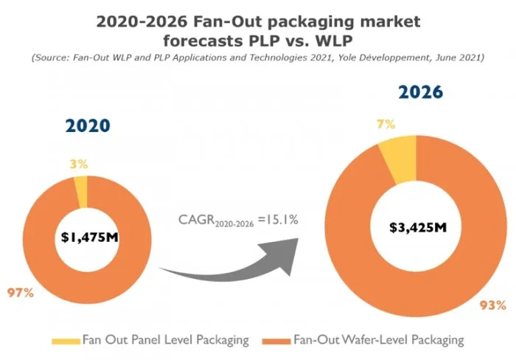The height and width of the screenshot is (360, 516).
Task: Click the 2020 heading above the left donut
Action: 87,125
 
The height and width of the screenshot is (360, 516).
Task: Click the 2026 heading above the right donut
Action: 420,92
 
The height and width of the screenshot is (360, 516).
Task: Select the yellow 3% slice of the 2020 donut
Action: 81,192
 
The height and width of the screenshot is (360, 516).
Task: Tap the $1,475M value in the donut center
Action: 87,237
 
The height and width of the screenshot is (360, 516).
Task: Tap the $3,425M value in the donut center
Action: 418,226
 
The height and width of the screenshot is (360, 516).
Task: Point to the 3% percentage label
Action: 79,163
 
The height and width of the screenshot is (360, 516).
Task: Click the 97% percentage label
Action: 21,293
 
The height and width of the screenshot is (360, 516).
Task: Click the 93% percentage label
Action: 490,304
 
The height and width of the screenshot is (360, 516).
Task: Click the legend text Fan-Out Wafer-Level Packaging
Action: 378,340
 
